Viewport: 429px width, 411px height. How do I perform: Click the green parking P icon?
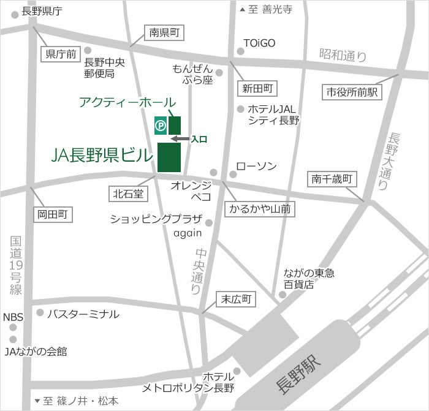click(160, 125)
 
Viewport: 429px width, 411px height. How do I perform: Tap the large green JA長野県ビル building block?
click(169, 157)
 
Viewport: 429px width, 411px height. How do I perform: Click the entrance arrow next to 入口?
click(180, 140)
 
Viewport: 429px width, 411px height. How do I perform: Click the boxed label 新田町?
click(256, 88)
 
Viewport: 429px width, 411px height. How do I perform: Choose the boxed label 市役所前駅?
click(352, 92)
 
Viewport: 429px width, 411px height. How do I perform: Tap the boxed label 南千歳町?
click(331, 179)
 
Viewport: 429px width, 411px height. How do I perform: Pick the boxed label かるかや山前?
click(260, 209)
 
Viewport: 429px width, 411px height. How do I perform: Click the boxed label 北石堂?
click(127, 194)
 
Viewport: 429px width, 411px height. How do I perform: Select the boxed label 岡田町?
click(52, 214)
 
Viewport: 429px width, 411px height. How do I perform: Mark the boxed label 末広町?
click(237, 300)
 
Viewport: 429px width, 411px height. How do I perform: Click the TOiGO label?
click(259, 43)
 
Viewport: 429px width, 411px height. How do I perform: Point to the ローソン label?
click(256, 166)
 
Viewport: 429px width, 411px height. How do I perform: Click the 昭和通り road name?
click(343, 55)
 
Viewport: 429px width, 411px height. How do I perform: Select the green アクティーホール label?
click(127, 102)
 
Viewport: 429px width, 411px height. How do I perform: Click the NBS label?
click(13, 317)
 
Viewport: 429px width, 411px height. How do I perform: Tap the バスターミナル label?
click(83, 314)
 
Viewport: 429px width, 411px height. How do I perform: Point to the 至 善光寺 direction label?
click(270, 9)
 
